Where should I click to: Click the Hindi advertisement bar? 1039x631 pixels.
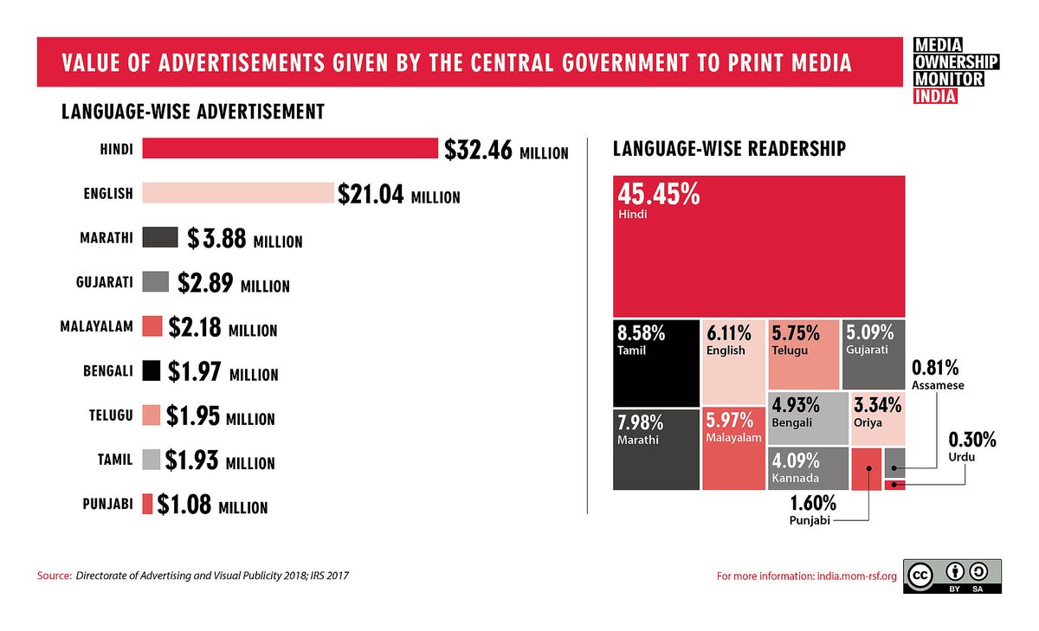(290, 149)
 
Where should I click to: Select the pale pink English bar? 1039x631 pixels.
(237, 193)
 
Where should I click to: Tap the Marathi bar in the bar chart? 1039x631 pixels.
(159, 238)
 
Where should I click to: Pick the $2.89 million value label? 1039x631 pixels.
(233, 283)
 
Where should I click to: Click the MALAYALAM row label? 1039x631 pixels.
(96, 327)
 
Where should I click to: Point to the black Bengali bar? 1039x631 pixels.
(151, 371)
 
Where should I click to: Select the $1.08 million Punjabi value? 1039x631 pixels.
(212, 506)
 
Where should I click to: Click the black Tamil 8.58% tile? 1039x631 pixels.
(655, 364)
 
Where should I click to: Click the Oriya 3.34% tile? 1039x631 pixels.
(878, 418)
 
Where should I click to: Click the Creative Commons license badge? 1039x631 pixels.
(952, 576)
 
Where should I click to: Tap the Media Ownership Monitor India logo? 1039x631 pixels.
(956, 70)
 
